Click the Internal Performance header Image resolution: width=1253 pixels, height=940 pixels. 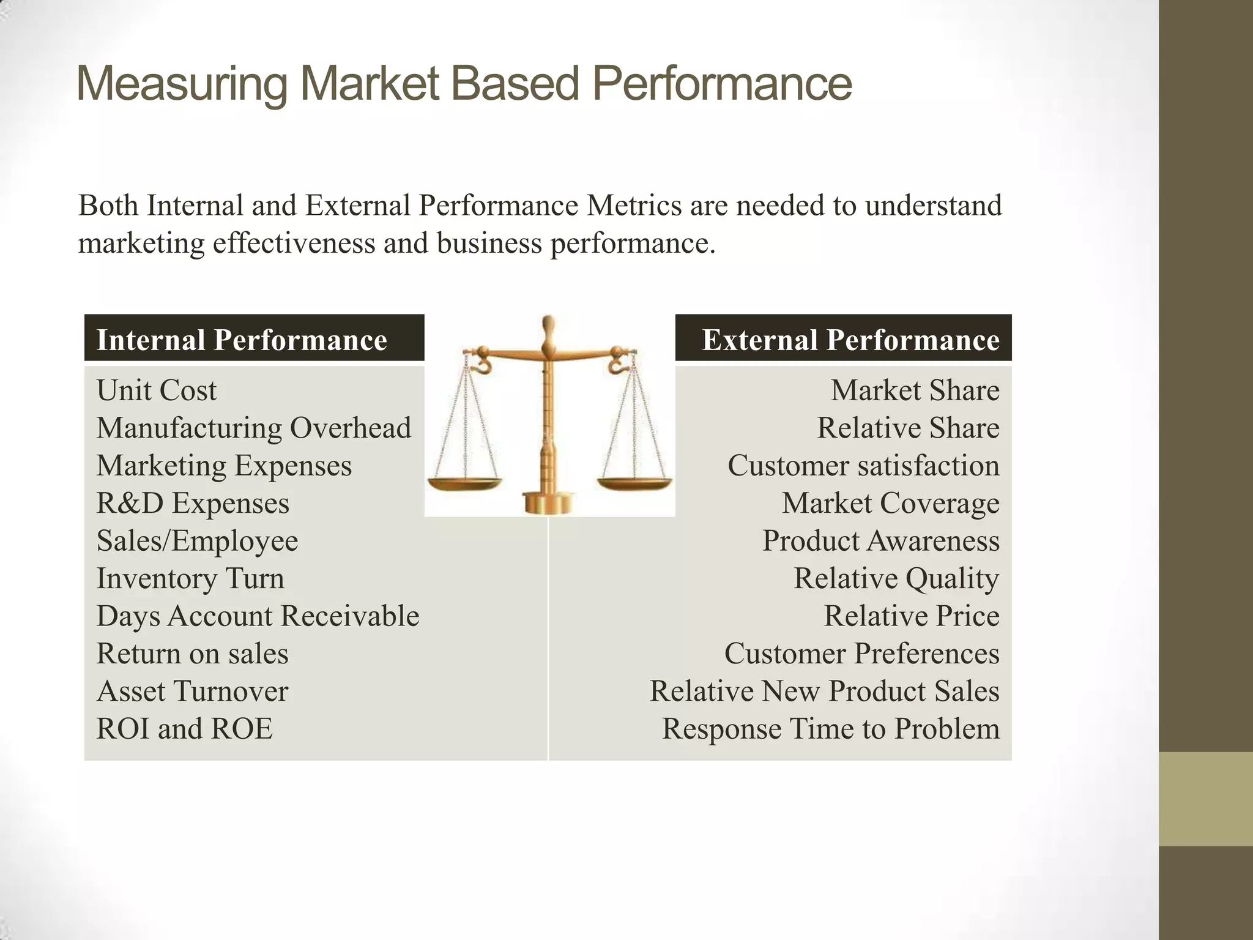coord(242,340)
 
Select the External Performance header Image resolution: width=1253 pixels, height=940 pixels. coord(850,340)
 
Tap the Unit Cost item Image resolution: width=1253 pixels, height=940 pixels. coord(157,390)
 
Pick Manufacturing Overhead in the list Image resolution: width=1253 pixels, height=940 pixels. coord(253,428)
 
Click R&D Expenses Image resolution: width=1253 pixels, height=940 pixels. coord(193,503)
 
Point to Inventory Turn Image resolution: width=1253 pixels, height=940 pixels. coord(190,578)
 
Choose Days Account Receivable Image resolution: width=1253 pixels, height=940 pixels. coord(258,616)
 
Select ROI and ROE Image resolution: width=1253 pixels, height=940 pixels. coord(184,728)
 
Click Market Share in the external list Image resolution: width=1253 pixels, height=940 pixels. coord(915,390)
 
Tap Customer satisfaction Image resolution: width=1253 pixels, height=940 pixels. coord(863,465)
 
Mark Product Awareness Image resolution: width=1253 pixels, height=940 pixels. coord(880,540)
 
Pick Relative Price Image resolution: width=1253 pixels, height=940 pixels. coord(911,616)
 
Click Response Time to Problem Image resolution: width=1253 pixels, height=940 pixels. coord(830,728)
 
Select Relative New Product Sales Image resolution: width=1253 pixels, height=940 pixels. coord(824,691)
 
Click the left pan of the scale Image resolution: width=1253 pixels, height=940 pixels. coord(464,484)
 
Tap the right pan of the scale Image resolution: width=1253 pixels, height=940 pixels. coord(634,484)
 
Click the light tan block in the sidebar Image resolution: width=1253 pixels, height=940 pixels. coord(1205,799)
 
